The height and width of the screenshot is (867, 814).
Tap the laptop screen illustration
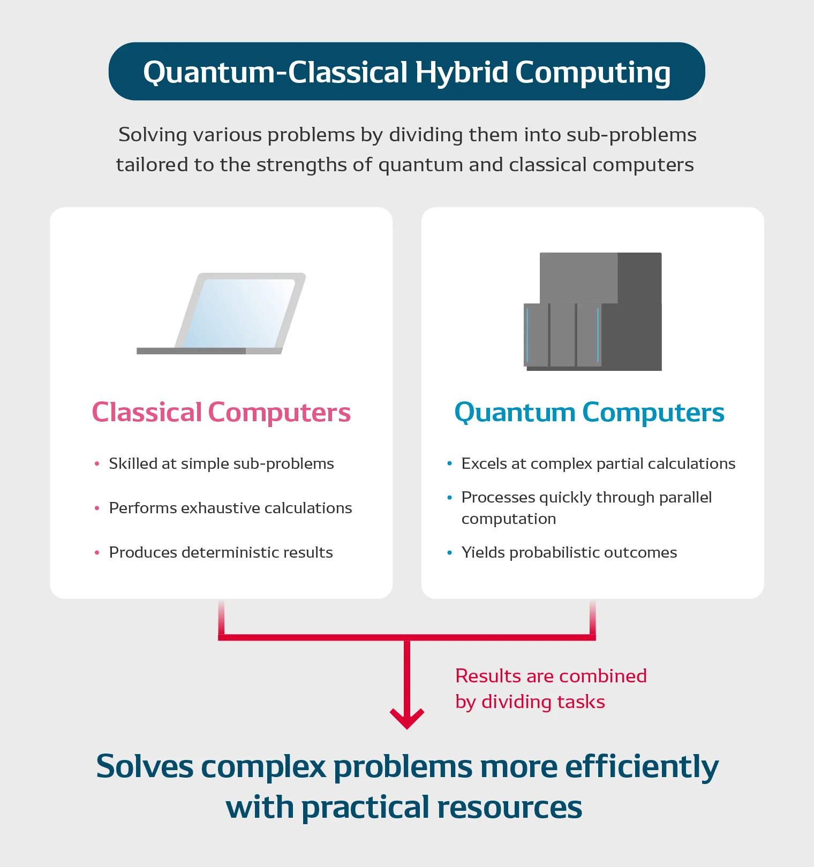pyautogui.click(x=240, y=313)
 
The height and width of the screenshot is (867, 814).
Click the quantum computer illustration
pyautogui.click(x=593, y=311)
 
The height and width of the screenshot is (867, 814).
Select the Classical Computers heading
pyautogui.click(x=221, y=412)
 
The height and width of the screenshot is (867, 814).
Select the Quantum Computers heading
pyautogui.click(x=589, y=413)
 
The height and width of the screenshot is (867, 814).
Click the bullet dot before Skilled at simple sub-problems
pyautogui.click(x=97, y=463)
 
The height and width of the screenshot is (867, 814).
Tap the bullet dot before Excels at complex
pyautogui.click(x=450, y=463)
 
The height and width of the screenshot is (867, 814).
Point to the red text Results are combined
pyautogui.click(x=551, y=676)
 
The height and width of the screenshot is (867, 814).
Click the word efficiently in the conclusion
pyautogui.click(x=642, y=767)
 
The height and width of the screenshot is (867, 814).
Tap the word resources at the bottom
pyautogui.click(x=510, y=807)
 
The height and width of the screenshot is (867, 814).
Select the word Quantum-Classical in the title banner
pyautogui.click(x=276, y=72)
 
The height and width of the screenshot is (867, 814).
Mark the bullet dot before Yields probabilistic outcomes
pyautogui.click(x=450, y=552)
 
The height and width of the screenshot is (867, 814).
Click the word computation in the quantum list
pyautogui.click(x=509, y=519)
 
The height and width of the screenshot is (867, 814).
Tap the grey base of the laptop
pyautogui.click(x=209, y=351)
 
